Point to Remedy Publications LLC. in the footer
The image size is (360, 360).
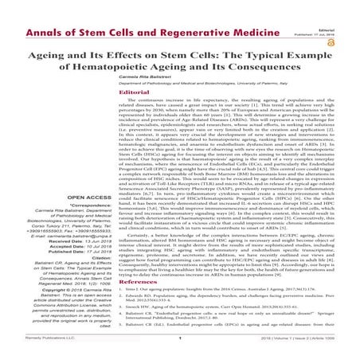pos(28,353)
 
